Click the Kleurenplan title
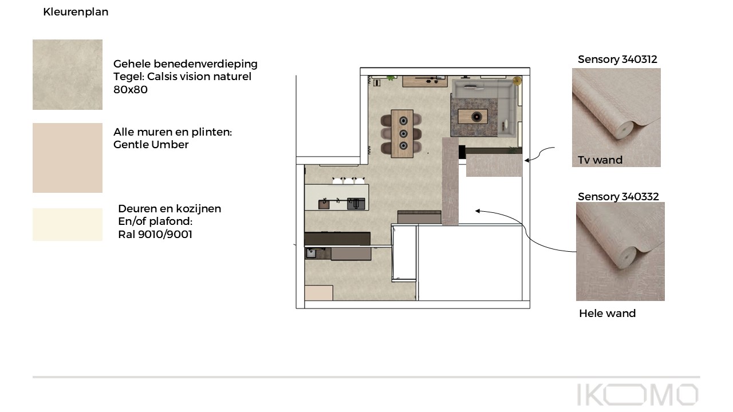pos(76,12)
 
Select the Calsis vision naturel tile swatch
pos(68,74)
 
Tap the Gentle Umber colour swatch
pos(68,158)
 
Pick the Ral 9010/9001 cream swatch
pos(68,225)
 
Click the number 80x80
pos(130,90)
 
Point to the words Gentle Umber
pos(151,145)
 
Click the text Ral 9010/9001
pos(155,235)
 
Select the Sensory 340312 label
pos(617,60)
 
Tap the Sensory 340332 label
pos(618,197)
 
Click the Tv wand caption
pos(600,160)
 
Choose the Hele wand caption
pos(608,313)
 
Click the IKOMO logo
pos(637,395)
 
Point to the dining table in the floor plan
pos(402,134)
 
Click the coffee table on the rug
pos(472,116)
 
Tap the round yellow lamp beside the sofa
pos(517,81)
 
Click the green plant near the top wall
pos(391,78)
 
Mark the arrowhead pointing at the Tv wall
pos(526,160)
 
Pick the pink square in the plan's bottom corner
pos(319,293)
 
